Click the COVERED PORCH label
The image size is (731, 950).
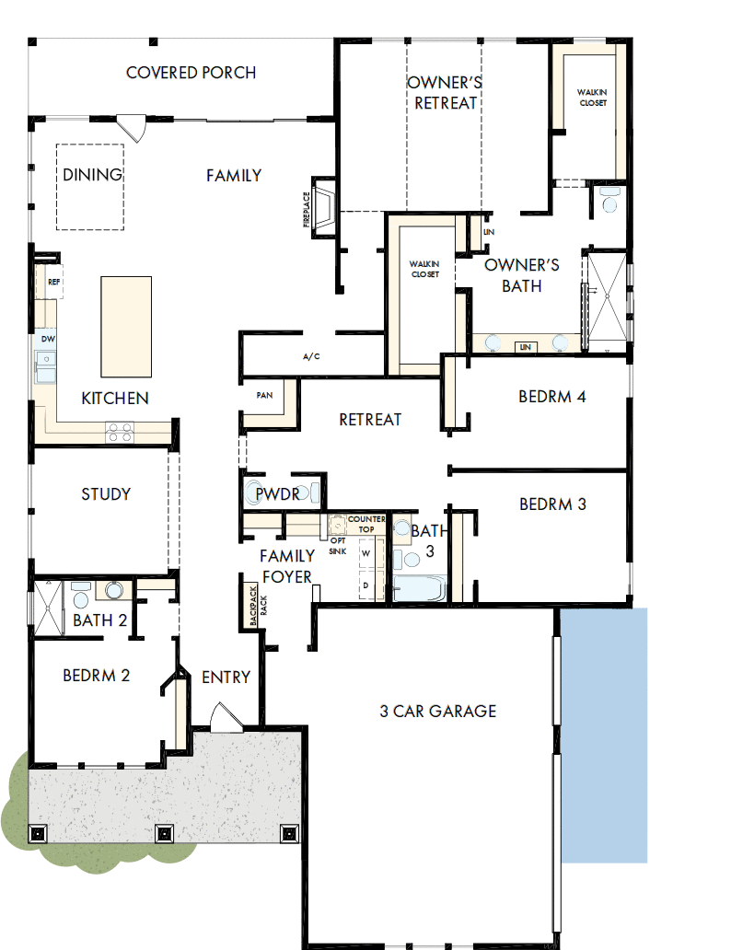pos(191,73)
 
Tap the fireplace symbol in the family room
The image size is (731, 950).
pos(323,208)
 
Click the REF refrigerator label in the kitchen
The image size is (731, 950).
pos(53,283)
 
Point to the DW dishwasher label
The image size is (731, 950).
pos(48,340)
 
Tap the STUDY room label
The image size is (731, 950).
pos(106,494)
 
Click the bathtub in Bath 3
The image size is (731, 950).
pos(419,588)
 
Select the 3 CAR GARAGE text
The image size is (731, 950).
pos(437,711)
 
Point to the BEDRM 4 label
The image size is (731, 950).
pos(552,398)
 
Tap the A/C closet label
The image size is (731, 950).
pos(310,357)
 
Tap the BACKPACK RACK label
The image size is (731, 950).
pos(254,606)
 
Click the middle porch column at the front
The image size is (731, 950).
pos(164,834)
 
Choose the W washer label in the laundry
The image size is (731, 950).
pos(365,553)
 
